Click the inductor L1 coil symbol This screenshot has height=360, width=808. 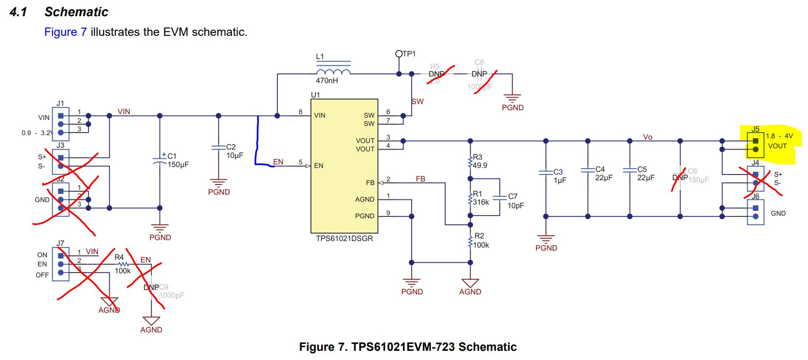tap(333, 72)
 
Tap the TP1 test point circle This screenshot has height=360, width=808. tap(399, 54)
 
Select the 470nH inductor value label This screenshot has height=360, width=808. tap(327, 80)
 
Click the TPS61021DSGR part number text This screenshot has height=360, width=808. tap(344, 238)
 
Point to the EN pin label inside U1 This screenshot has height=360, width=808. tap(318, 166)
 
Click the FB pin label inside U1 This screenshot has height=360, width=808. tap(370, 183)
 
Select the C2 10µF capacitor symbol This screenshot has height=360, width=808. tap(218, 147)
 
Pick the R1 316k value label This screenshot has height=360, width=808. tap(481, 202)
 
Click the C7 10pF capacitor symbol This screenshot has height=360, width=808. tap(500, 197)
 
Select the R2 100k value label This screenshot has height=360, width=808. tap(481, 245)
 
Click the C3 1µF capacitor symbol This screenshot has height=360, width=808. tap(546, 172)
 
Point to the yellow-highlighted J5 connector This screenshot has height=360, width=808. tap(756, 145)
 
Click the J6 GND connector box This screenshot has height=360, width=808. tap(756, 212)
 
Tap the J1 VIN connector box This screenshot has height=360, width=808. tap(60, 124)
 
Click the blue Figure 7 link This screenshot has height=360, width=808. tap(65, 32)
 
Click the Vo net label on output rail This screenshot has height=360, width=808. tap(647, 137)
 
